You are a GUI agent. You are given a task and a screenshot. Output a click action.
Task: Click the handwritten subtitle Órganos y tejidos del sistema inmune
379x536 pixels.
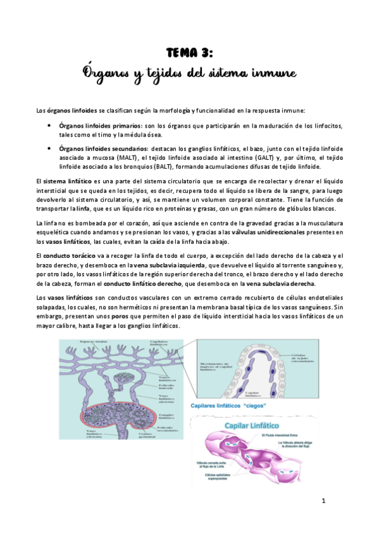(189, 73)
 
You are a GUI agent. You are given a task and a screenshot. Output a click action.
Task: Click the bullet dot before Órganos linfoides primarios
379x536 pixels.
(49, 125)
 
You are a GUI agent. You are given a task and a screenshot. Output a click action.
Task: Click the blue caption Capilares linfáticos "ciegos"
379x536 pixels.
(228, 406)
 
